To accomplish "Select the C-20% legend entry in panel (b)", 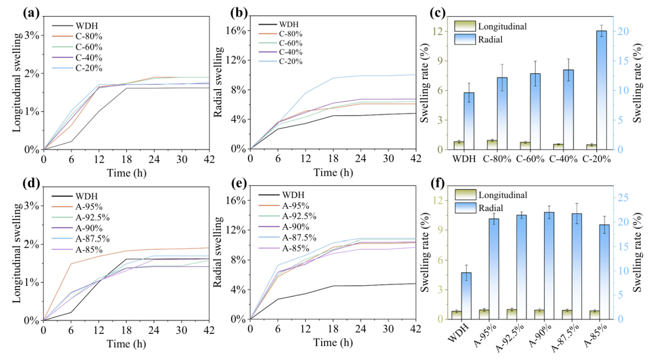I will pyautogui.click(x=290, y=61).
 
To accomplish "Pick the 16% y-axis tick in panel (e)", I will pyautogui.click(x=236, y=200).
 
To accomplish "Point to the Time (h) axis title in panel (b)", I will pyautogui.click(x=333, y=173).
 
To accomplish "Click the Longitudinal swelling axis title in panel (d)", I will pyautogui.click(x=17, y=260).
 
